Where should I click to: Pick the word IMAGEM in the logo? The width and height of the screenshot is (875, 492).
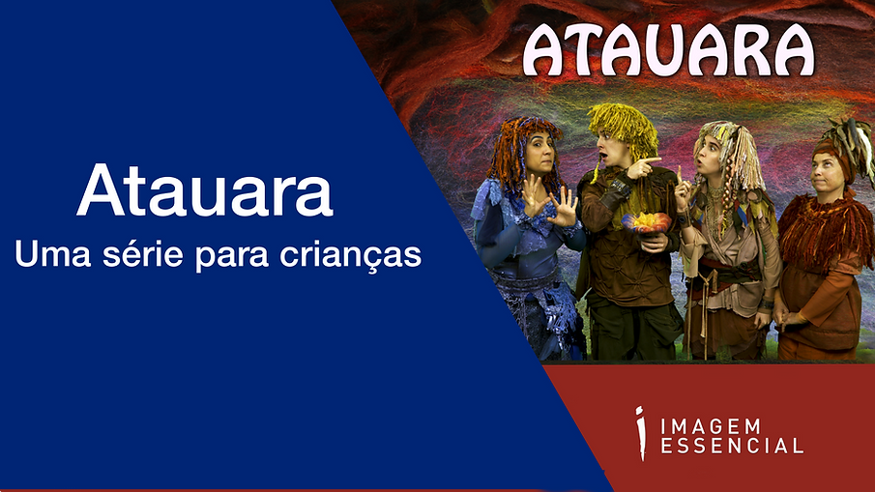(709, 425)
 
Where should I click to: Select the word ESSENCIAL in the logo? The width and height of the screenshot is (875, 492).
(731, 447)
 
